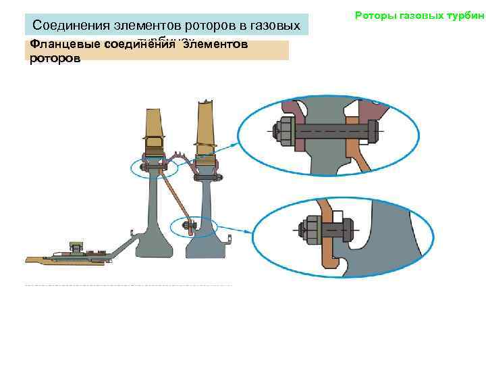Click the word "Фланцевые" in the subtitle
point(61,45)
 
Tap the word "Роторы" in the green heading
point(374,15)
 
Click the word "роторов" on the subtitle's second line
point(55,59)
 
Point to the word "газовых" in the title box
point(275,26)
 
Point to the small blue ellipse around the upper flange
point(155,167)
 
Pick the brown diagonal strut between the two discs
point(177,196)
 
